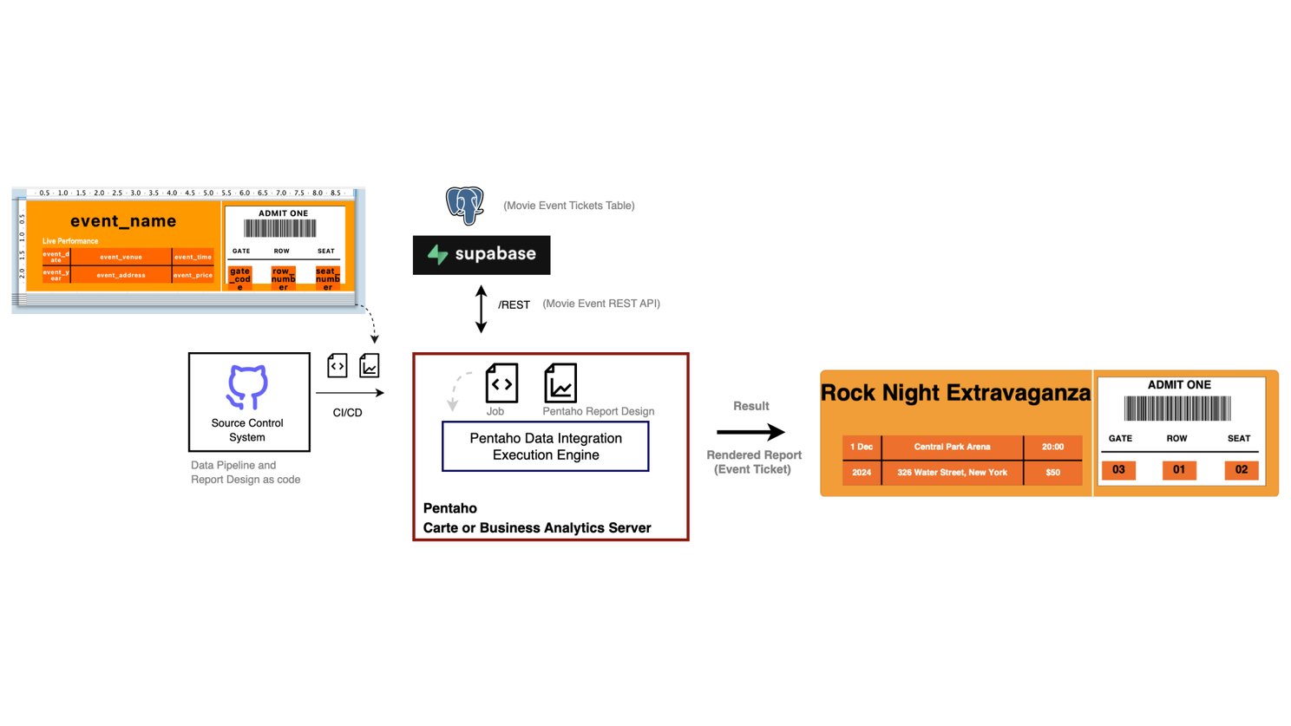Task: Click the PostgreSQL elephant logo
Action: [x=464, y=206]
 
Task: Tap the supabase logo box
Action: [x=482, y=255]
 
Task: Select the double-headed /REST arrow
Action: [x=482, y=309]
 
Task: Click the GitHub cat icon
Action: [x=247, y=387]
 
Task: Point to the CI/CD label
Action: [x=347, y=413]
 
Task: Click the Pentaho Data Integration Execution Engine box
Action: [x=545, y=447]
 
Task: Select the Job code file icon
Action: [x=501, y=383]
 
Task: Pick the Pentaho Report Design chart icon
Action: [x=560, y=383]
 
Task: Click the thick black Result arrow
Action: [x=750, y=432]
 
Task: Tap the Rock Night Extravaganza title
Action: [x=955, y=393]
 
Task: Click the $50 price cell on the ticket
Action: [x=1052, y=473]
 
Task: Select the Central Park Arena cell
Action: [x=952, y=447]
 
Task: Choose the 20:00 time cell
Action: [x=1052, y=447]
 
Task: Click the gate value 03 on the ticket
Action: [x=1118, y=470]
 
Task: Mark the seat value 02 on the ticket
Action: [x=1241, y=470]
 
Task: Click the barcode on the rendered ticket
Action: [x=1177, y=409]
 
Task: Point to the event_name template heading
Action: [x=123, y=221]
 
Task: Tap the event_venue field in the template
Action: [x=121, y=257]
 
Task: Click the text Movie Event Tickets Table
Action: [x=569, y=206]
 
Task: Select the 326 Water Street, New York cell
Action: [x=952, y=473]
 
